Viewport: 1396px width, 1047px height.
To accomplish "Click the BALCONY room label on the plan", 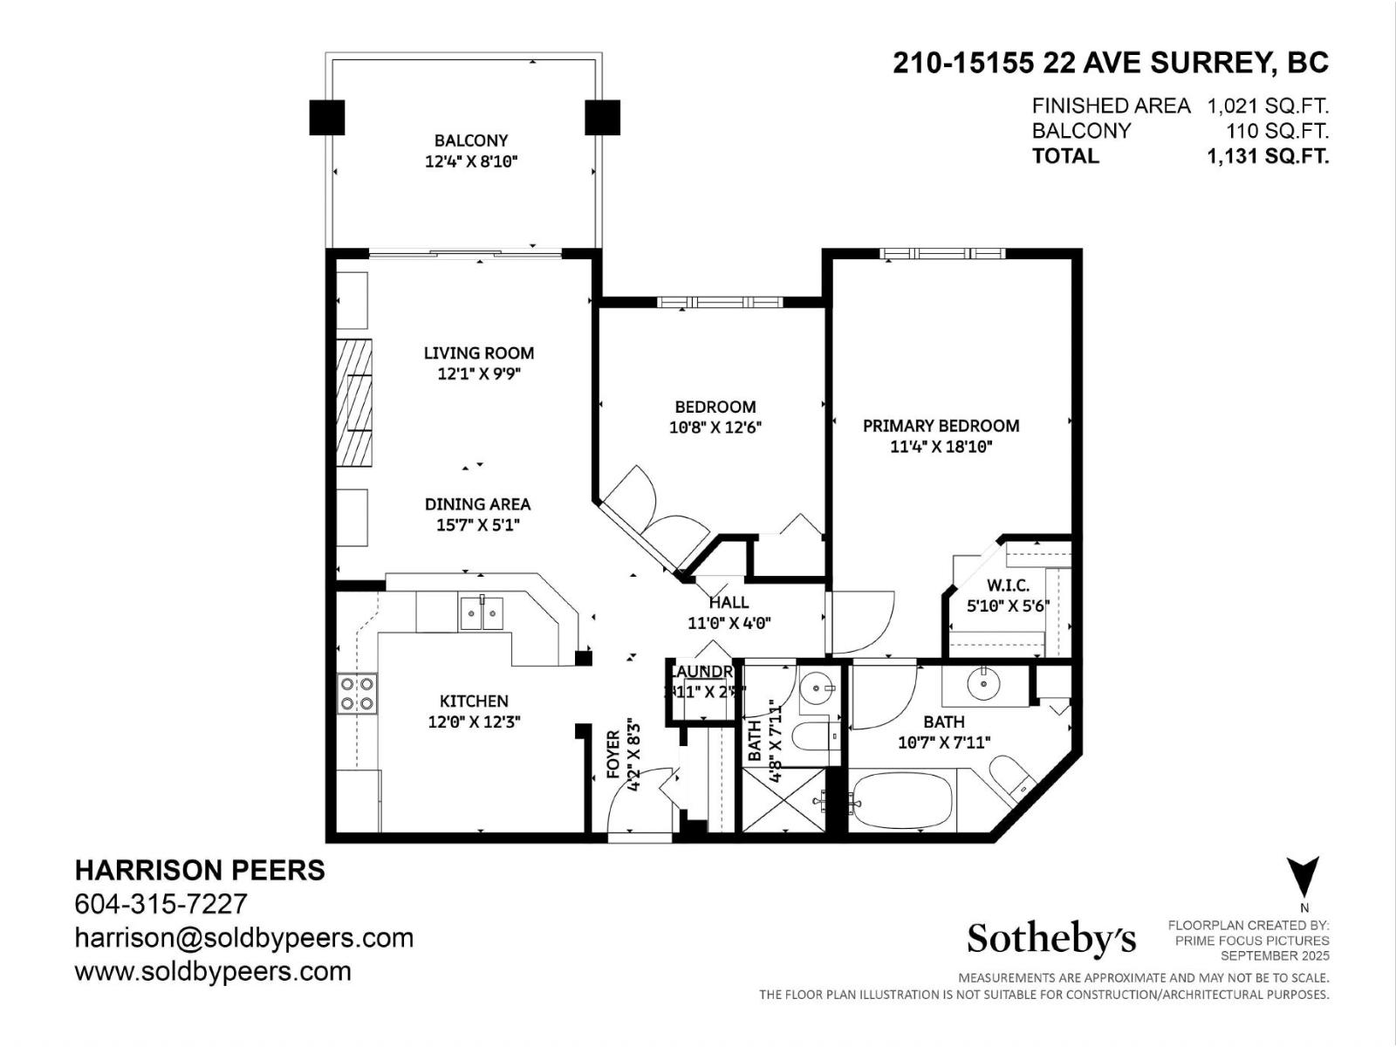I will click(x=471, y=140).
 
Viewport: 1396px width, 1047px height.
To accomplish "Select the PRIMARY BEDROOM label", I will click(x=941, y=426).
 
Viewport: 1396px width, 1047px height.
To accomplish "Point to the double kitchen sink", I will click(x=482, y=614).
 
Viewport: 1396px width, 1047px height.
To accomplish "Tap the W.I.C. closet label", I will click(x=1009, y=585).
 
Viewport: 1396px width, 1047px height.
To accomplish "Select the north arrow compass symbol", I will click(x=1303, y=876).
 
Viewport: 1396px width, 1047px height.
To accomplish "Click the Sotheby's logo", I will click(x=1051, y=939).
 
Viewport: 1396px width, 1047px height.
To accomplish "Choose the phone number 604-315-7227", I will click(x=161, y=904).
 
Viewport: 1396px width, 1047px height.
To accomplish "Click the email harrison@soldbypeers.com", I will click(x=244, y=938).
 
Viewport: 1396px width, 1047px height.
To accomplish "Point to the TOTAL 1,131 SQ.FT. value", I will click(x=1268, y=156).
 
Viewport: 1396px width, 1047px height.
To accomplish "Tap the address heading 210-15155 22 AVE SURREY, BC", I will click(x=1110, y=63).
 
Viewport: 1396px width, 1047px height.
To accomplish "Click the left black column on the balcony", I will click(x=327, y=118).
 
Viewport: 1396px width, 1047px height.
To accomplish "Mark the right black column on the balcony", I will click(x=602, y=118).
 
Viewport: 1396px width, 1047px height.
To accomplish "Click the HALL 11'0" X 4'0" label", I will click(x=729, y=612).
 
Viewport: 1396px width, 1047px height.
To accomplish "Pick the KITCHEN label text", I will click(x=474, y=701).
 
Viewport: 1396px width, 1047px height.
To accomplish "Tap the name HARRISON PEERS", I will click(x=200, y=870).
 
